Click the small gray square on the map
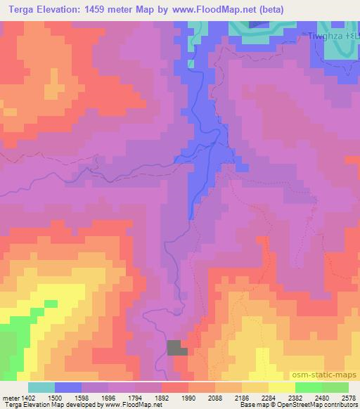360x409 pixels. (x=178, y=347)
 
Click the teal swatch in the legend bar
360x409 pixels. (x=41, y=387)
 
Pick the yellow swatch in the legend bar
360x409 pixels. (x=282, y=387)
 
